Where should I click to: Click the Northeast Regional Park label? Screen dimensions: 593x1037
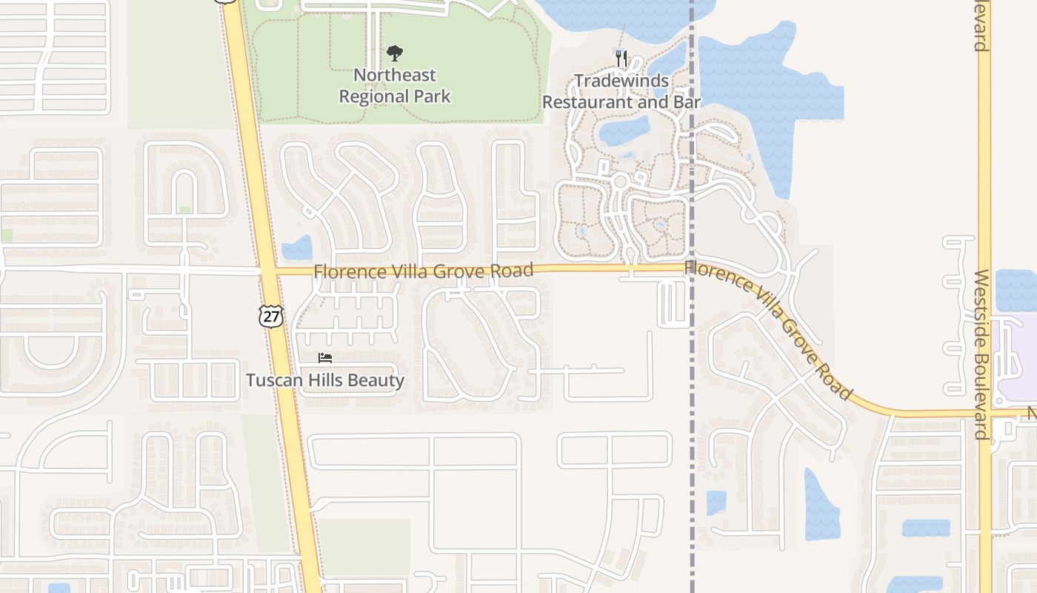(395, 85)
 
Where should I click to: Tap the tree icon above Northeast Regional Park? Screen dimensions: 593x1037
(395, 53)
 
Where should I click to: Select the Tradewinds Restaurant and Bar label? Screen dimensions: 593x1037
(621, 91)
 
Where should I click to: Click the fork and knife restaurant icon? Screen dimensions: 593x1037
(621, 59)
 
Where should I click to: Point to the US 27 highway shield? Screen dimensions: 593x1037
(271, 317)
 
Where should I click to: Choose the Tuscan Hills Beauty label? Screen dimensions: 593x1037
(325, 380)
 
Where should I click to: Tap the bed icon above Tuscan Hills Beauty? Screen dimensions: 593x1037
(325, 358)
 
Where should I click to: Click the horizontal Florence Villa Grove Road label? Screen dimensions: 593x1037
(423, 271)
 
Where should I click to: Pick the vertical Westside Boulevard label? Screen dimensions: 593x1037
(981, 354)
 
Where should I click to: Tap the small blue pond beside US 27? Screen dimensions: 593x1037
(298, 248)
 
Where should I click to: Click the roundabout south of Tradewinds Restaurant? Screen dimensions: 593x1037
(620, 180)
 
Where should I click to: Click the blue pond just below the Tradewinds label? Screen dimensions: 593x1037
(624, 132)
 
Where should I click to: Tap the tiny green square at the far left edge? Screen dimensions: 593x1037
(7, 235)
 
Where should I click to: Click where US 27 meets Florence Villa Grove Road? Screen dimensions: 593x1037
(267, 271)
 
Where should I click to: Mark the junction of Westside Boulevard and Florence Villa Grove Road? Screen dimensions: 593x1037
(984, 414)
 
